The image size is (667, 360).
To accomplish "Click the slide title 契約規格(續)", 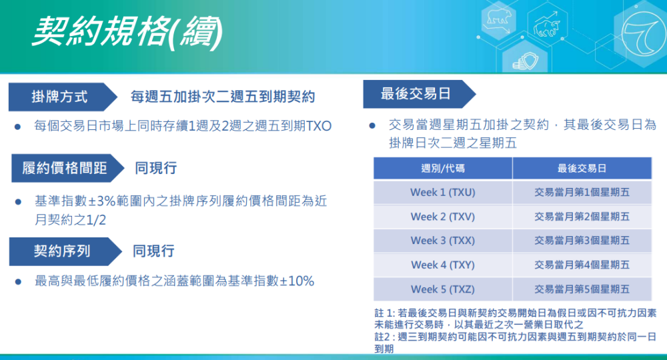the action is coord(127,32).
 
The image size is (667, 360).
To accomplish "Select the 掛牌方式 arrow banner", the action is coord(63,97).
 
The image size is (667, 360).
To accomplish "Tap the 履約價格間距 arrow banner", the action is coord(67,168).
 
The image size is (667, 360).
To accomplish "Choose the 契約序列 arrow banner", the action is coord(65,251).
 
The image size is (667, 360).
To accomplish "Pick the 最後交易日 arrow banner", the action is coord(419,94).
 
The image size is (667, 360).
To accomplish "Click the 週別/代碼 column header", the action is coord(443,168).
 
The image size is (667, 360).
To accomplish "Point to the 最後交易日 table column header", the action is coord(582,168).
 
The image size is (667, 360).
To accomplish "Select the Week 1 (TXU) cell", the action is coord(443,193).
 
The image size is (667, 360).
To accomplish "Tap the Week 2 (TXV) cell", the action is coord(443,217).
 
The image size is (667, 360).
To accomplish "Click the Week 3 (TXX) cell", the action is coord(443,241).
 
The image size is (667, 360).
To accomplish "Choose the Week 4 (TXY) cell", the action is coord(443,265).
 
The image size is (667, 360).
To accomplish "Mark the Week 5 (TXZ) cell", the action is coord(443,289).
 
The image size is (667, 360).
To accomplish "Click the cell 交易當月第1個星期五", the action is coord(582,193).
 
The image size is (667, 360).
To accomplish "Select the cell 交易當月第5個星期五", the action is coord(582,289).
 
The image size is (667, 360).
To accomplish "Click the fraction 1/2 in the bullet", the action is coord(95,220).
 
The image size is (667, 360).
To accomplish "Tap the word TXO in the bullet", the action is coord(319,126).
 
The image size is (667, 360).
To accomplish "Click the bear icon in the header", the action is coord(498,19).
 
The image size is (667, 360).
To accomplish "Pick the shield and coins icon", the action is coord(525,61).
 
